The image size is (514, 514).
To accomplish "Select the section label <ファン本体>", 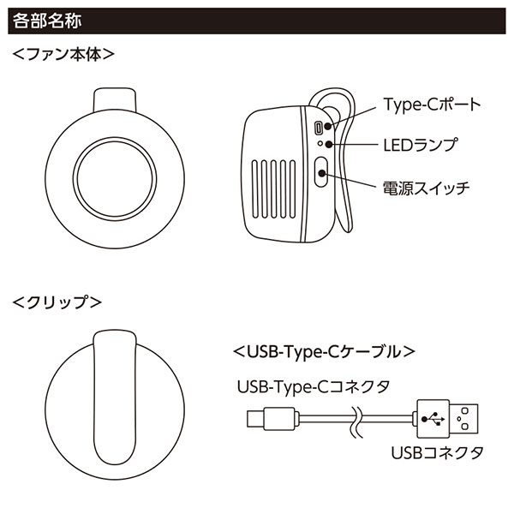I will (64, 53).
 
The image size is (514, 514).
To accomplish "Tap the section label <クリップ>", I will (57, 302).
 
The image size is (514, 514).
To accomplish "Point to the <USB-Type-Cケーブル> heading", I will (324, 351).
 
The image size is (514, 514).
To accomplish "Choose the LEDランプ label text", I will (420, 144).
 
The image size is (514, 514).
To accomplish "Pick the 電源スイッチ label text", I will (425, 186).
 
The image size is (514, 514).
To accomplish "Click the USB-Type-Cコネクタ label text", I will (314, 386).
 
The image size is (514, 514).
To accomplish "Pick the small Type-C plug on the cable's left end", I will (254, 419).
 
